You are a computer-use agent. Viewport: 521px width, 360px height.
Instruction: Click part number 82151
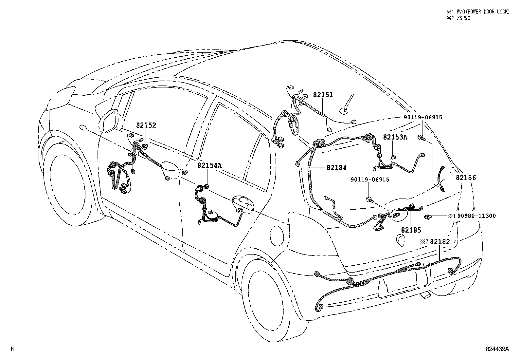coord(323,95)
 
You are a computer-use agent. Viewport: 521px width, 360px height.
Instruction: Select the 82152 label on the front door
coord(146,125)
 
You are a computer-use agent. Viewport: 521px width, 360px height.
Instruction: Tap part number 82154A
coord(209,165)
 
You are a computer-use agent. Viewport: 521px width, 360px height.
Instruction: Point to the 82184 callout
coord(336,168)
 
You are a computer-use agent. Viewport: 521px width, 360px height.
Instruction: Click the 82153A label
coord(395,137)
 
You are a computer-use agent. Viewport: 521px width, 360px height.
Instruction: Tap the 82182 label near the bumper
coord(440,241)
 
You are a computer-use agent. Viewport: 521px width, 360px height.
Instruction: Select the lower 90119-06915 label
coord(370,180)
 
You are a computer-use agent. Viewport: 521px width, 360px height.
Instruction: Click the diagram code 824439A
coord(497,349)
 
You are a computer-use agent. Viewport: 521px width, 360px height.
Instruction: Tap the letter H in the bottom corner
coord(12,349)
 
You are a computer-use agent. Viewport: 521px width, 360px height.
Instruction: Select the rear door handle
coord(242,203)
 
